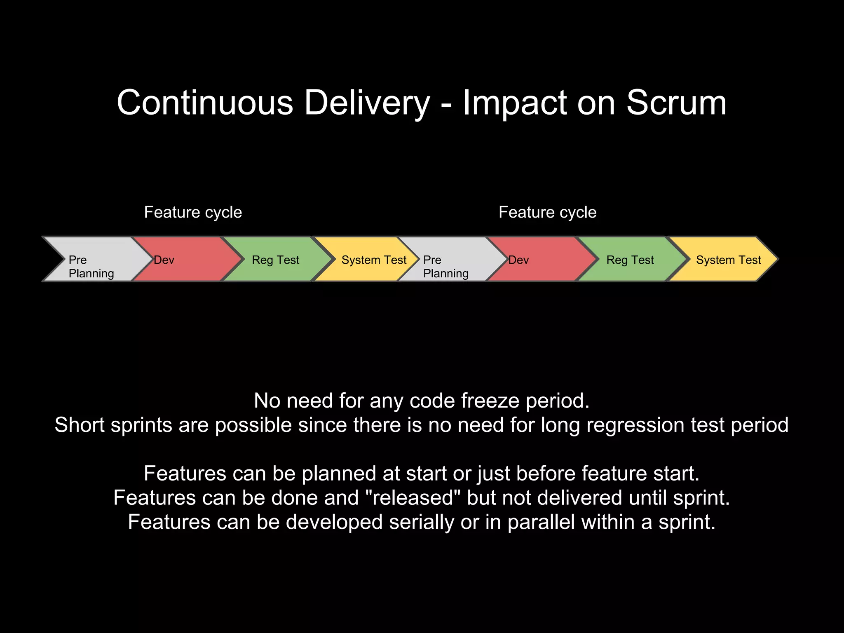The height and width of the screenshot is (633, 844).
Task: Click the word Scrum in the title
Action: tap(676, 103)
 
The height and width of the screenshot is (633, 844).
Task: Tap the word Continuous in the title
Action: tap(205, 103)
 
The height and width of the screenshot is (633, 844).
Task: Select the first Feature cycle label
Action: tap(193, 212)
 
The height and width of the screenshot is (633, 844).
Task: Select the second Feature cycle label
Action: tap(547, 212)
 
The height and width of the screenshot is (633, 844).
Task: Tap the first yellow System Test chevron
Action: tap(367, 260)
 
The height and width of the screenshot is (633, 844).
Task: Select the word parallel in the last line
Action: tap(541, 522)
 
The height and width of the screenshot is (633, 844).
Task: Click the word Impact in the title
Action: tap(515, 103)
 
